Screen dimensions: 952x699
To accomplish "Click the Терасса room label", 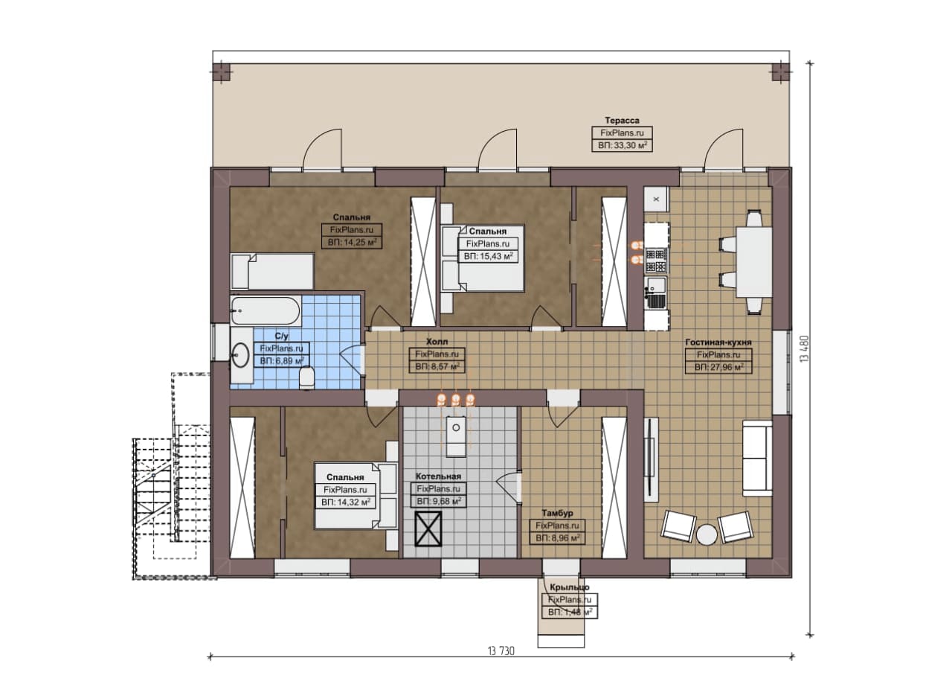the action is click(622, 121).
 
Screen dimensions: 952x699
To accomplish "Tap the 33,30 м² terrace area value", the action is click(622, 145).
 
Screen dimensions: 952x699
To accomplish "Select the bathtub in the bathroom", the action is click(266, 311).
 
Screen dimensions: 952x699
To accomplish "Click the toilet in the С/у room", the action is click(306, 377).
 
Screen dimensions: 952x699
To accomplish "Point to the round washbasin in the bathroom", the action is click(240, 355).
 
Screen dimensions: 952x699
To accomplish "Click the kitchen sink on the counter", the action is click(656, 293).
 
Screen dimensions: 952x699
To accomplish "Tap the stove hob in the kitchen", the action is click(656, 261).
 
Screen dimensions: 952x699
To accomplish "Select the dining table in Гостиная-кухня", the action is click(754, 261).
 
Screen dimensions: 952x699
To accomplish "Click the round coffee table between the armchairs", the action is click(707, 534).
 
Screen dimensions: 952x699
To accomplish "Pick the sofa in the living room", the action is click(757, 458).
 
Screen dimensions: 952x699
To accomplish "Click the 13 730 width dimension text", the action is click(501, 651).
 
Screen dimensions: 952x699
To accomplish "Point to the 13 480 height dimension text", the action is click(805, 349).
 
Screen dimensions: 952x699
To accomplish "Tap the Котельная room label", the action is click(438, 476).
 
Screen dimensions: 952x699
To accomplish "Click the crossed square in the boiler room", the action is click(428, 529).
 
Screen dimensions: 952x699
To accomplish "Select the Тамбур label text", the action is click(557, 513).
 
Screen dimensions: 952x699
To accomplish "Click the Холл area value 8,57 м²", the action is click(437, 367).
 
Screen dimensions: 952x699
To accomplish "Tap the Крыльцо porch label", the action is click(570, 587).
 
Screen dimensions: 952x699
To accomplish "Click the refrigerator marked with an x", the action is click(656, 199).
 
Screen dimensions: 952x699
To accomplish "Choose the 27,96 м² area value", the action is click(718, 367).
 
